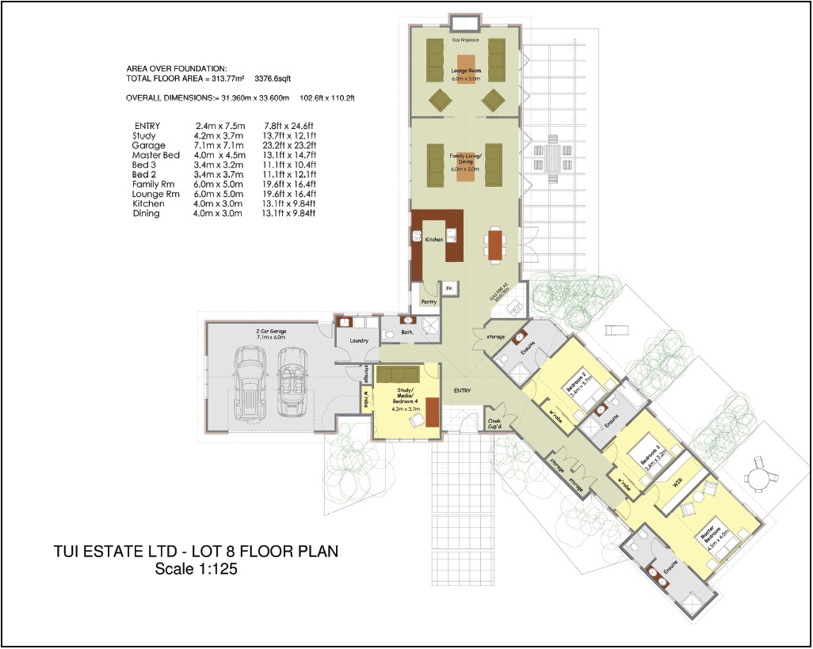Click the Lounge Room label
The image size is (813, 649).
tap(464, 70)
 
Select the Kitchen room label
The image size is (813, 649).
tap(434, 238)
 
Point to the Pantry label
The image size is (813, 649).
tap(429, 301)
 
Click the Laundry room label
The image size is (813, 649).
tap(359, 340)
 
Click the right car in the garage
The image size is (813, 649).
tap(292, 380)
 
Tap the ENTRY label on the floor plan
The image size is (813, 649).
tap(463, 390)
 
